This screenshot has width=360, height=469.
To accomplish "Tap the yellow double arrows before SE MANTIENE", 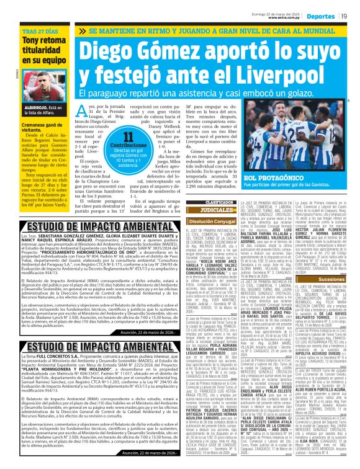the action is (83, 30).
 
